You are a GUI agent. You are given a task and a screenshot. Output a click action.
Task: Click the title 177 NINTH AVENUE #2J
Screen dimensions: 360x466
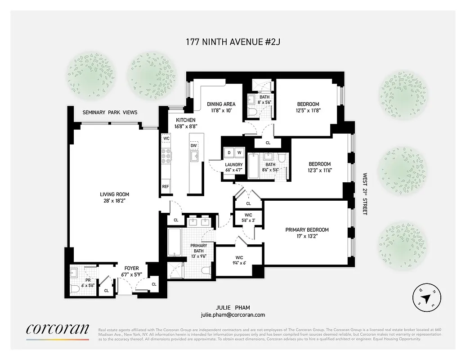coord(233,42)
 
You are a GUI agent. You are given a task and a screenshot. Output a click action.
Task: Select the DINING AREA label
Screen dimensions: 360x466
coord(221,104)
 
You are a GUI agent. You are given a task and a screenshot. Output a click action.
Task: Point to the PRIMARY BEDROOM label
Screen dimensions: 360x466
coord(307,230)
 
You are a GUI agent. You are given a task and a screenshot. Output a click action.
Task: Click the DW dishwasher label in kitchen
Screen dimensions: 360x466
coord(194,145)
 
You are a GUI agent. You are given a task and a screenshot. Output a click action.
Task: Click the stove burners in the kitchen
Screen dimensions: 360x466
coord(166,156)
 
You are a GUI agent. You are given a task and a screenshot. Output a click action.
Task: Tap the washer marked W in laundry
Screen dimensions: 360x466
coord(239,153)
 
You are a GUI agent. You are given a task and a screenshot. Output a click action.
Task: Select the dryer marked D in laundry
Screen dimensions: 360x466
coord(229,153)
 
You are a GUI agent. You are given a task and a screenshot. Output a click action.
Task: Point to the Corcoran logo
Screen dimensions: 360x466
coord(57,329)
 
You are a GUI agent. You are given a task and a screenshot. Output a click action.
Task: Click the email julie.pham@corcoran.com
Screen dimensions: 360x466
coord(233,315)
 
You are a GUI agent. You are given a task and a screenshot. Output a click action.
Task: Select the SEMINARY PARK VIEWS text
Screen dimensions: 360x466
coord(110,112)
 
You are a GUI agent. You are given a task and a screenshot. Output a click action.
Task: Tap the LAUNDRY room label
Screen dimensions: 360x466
coord(234,165)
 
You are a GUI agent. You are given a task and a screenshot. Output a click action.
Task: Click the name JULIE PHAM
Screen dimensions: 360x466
coord(233,308)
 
